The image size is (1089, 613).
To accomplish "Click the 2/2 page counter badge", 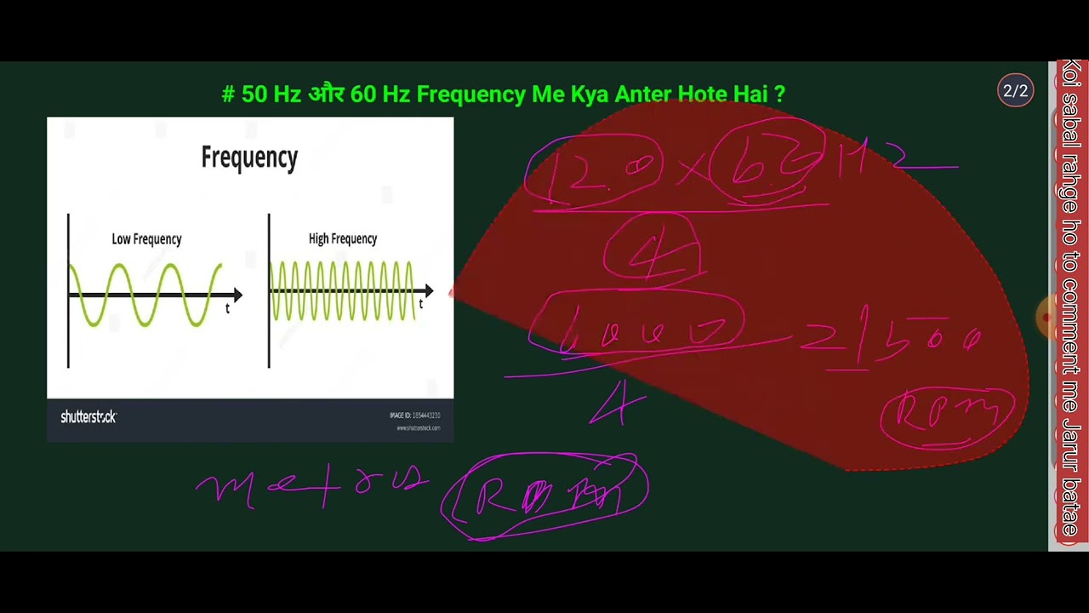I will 1015,91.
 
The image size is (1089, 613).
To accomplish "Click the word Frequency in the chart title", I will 249,158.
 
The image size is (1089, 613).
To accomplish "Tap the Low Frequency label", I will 146,239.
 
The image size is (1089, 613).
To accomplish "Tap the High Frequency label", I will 342,239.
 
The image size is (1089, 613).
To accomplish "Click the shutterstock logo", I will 88,417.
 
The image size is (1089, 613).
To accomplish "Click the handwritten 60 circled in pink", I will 766,162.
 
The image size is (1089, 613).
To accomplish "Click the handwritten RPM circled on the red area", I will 947,415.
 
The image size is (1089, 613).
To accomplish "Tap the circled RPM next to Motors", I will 544,496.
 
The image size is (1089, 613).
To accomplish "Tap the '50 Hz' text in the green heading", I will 271,94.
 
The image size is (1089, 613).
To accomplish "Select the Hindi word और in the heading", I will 325,94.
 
